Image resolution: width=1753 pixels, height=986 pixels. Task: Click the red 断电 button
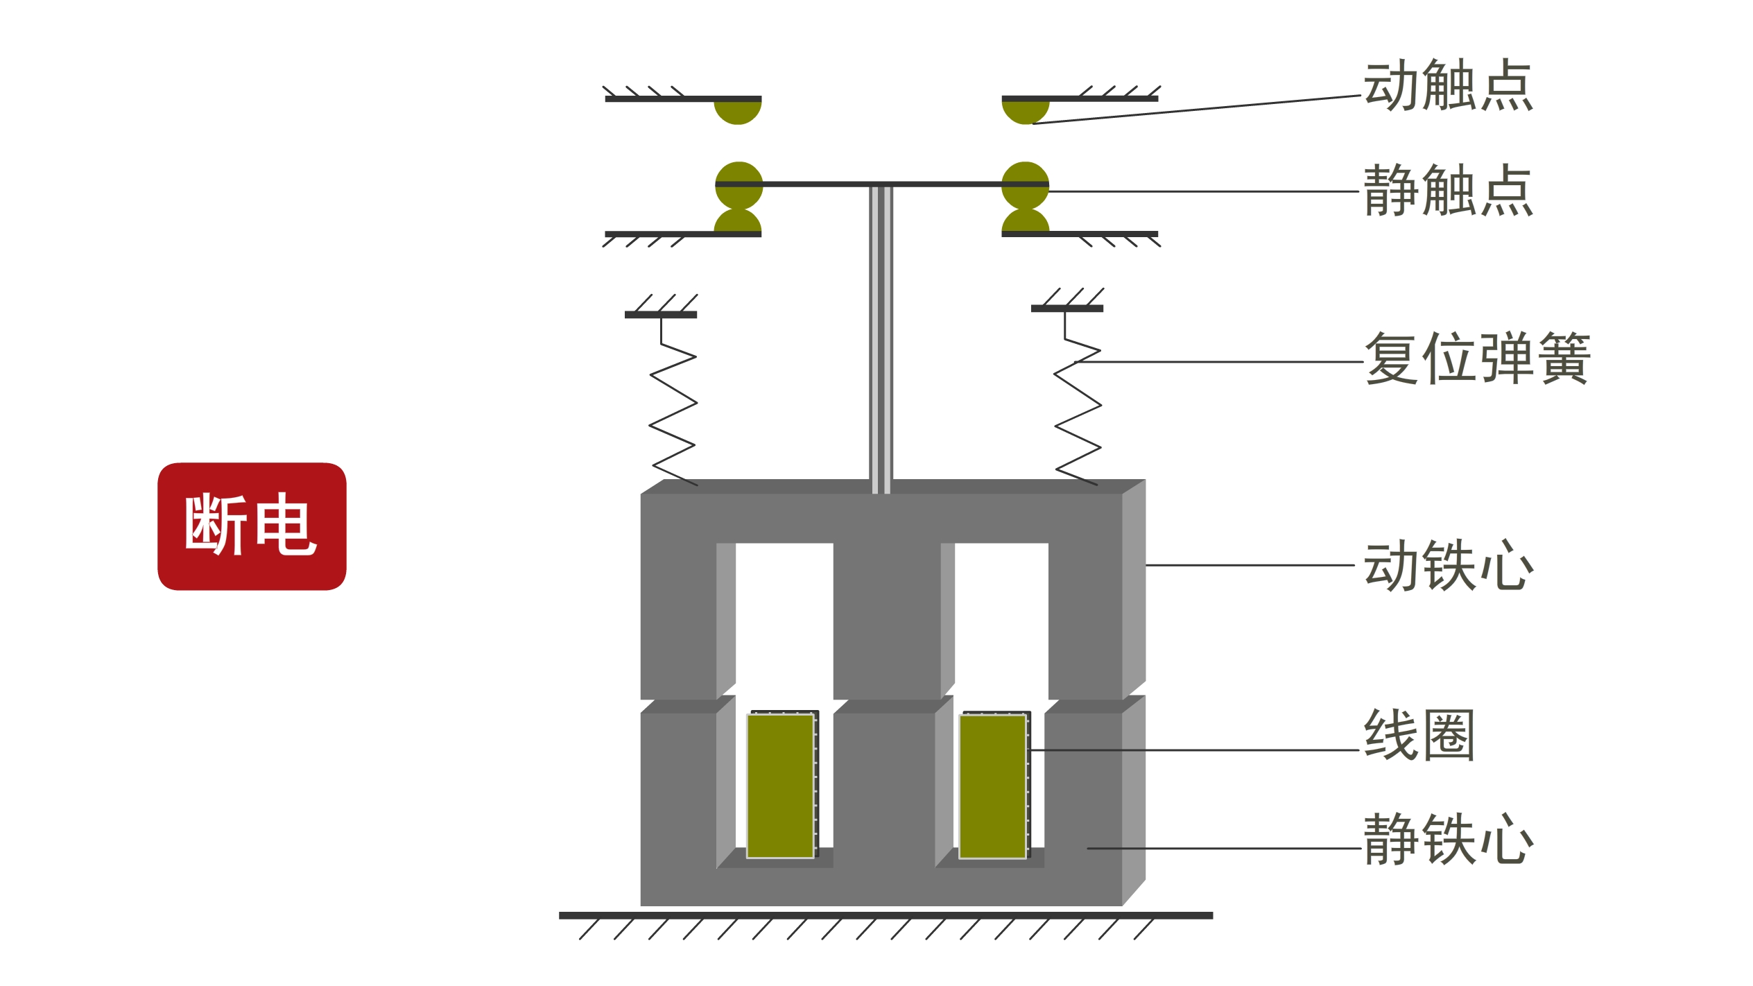coord(252,526)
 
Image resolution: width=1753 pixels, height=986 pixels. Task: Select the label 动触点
coord(1448,85)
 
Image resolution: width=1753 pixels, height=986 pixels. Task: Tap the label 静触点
coord(1448,191)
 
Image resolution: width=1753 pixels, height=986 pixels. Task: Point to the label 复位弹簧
coord(1477,358)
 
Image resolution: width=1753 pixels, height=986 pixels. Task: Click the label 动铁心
coord(1449,565)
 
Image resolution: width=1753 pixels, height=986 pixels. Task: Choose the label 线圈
coord(1419,735)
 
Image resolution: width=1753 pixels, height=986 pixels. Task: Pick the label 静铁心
coord(1449,839)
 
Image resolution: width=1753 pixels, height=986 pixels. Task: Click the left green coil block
coord(780,786)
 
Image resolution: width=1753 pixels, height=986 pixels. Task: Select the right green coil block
coord(992,787)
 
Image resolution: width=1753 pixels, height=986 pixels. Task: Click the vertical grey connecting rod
coord(881,340)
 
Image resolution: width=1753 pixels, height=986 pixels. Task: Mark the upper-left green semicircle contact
coord(738,111)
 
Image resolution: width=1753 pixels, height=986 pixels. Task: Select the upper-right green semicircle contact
coord(1026,111)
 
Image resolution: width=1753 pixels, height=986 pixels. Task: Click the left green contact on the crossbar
coord(739,185)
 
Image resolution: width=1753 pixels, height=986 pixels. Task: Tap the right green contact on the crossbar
coord(1026,185)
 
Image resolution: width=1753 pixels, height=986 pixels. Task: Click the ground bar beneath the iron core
coord(886,916)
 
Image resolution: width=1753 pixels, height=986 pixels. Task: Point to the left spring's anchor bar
coord(661,315)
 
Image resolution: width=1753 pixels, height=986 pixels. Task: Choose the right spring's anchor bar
coord(1067,309)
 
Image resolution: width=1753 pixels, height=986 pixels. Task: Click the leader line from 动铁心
coord(1250,565)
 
